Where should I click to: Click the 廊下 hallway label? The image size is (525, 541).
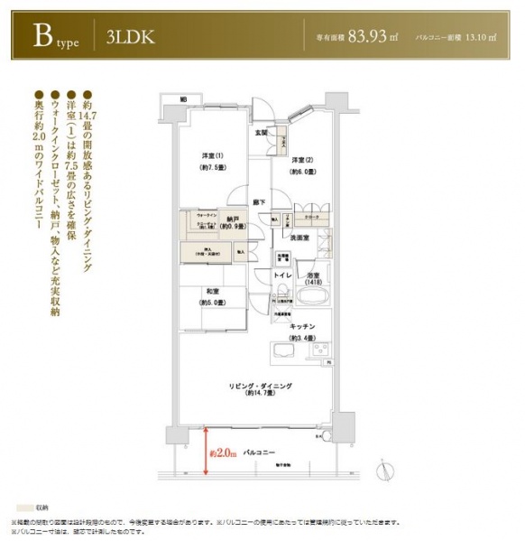pyautogui.click(x=260, y=202)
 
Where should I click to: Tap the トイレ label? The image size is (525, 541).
pyautogui.click(x=281, y=274)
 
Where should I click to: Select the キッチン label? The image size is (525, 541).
pyautogui.click(x=302, y=325)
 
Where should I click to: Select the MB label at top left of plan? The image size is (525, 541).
pyautogui.click(x=182, y=98)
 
